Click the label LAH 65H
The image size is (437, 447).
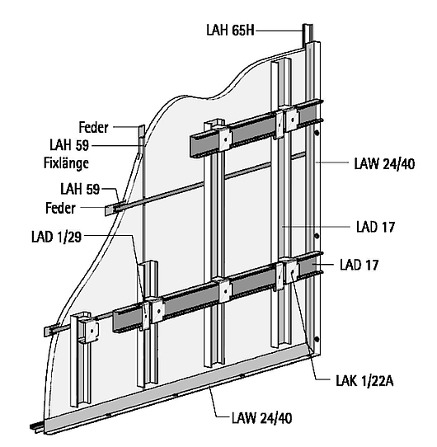click(230, 30)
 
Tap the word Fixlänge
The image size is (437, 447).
click(66, 163)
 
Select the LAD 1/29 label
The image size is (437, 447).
click(56, 237)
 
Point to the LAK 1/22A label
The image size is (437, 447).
click(364, 381)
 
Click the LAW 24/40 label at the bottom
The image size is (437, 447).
click(261, 418)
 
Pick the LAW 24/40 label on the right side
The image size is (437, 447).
click(384, 164)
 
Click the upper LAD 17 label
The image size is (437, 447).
click(375, 227)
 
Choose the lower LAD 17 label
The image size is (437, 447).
click(359, 265)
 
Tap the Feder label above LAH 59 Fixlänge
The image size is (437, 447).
click(93, 127)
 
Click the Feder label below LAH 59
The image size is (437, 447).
click(60, 208)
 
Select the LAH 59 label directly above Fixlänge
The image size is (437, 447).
click(69, 145)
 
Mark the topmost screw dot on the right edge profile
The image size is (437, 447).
click(317, 133)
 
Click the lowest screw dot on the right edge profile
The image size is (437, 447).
click(317, 339)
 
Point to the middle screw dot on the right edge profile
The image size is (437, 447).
click(317, 236)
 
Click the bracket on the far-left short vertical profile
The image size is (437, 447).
click(90, 330)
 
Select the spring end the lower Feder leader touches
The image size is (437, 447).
click(110, 209)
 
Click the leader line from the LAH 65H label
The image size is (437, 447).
click(279, 31)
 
